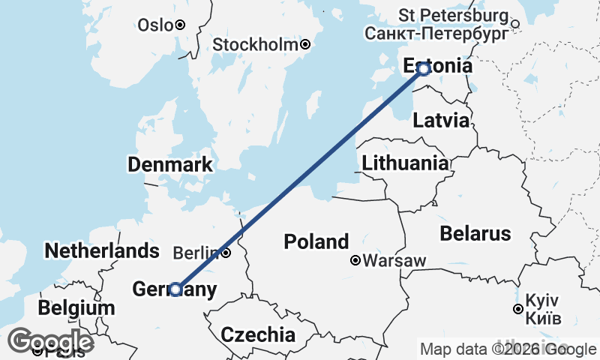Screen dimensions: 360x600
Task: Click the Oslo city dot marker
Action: [x=180, y=25]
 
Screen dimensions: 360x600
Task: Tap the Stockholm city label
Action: [x=256, y=45]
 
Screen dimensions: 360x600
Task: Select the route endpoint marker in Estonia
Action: [x=423, y=69]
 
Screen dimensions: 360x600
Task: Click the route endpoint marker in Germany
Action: [x=175, y=289]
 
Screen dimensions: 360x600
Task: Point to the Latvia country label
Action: [x=441, y=120]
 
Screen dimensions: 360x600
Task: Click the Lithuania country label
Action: [x=405, y=163]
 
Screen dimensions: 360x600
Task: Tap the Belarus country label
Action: [x=475, y=232]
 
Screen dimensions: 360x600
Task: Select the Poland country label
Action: [x=316, y=241]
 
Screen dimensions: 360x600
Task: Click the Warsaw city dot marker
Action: [x=355, y=261]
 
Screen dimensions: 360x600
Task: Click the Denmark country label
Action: [x=169, y=165]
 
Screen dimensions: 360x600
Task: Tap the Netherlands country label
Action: [x=102, y=250]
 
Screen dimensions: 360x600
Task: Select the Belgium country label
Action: [x=76, y=308]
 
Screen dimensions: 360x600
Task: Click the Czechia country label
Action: [x=257, y=334]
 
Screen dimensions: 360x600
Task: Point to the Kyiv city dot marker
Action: [x=517, y=309]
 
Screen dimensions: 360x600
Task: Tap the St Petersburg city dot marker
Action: [x=515, y=24]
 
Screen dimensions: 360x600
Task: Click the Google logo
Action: [x=51, y=342]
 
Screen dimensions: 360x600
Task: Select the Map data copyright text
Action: [x=508, y=349]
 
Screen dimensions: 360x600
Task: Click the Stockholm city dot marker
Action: [x=305, y=45]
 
